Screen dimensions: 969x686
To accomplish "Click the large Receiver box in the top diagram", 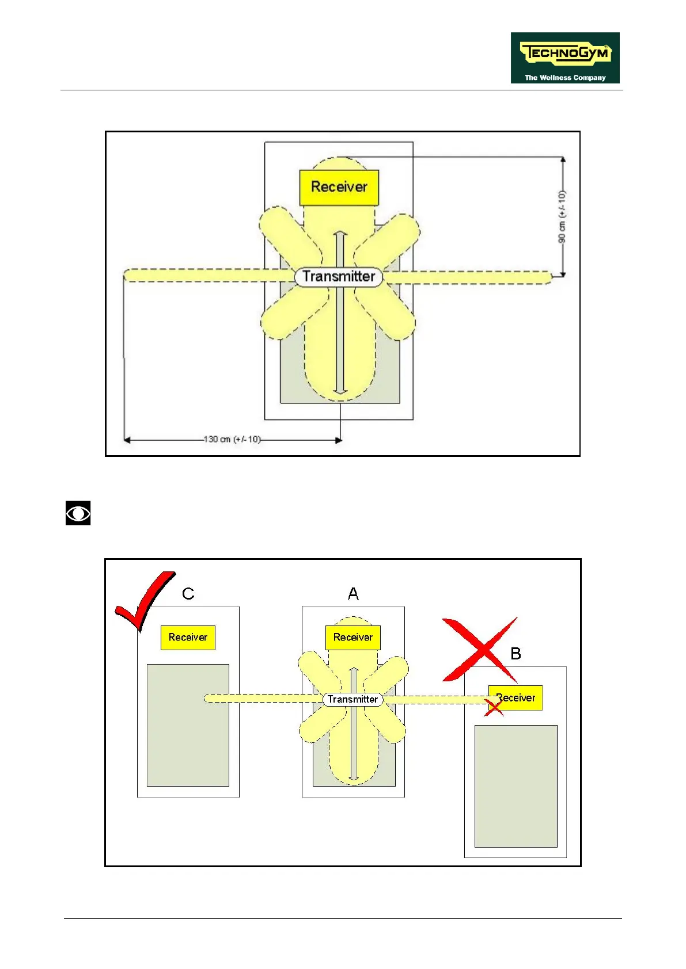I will pos(339,187).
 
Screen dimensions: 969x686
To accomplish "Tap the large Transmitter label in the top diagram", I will pos(339,277).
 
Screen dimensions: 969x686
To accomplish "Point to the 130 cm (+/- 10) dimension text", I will pos(232,440).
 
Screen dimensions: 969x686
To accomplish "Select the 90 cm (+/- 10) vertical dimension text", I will pos(562,217).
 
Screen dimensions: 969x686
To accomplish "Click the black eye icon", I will pos(78,513).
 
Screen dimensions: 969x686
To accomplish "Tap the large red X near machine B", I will pos(480,650).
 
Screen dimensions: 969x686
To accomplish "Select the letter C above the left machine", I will pos(188,594).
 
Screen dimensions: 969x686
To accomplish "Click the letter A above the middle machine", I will pos(353,594).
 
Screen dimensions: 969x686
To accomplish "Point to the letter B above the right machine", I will pos(516,654).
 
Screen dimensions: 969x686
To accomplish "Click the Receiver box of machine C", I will pos(188,638).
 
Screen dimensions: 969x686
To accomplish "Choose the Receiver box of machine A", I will pos(353,638).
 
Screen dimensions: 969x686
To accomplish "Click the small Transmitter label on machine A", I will pos(353,699).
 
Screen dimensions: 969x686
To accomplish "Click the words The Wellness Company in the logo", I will pos(565,78).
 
